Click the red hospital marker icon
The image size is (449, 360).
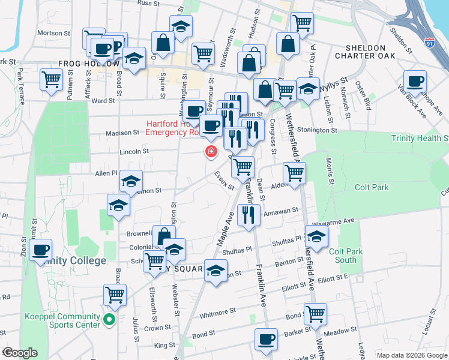tap(211, 151)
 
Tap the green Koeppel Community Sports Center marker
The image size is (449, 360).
tap(109, 320)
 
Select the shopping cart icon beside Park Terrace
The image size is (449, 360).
tap(52, 79)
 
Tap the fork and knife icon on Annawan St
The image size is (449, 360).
tap(248, 215)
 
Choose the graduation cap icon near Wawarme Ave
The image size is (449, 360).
tap(316, 236)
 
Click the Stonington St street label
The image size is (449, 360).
tap(334, 130)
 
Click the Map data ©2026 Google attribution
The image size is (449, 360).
tap(411, 355)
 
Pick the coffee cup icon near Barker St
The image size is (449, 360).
tap(265, 339)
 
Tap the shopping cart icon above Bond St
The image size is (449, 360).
tap(315, 313)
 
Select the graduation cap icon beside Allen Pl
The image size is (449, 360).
tap(131, 181)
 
